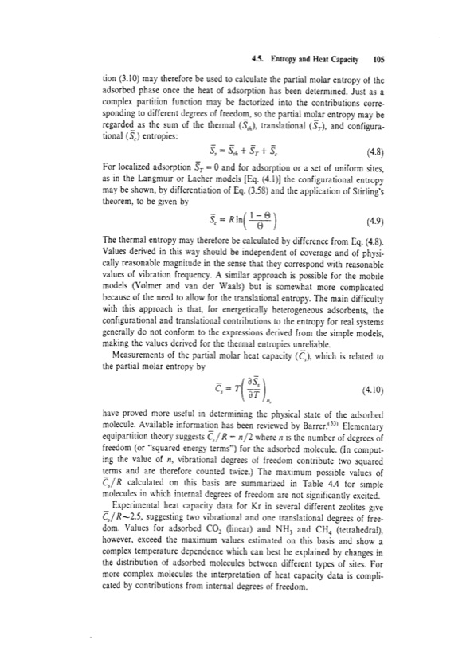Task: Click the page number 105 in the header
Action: (x=378, y=59)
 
